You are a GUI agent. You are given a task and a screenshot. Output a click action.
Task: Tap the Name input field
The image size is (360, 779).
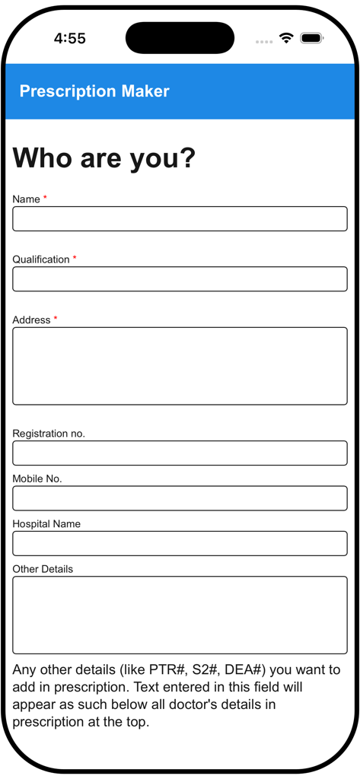[x=180, y=218]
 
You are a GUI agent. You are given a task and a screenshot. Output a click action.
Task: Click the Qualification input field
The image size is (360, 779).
[x=180, y=278]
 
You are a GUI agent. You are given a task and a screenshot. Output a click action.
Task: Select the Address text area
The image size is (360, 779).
[x=180, y=366]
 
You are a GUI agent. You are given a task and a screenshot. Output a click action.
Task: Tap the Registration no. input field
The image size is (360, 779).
[x=180, y=453]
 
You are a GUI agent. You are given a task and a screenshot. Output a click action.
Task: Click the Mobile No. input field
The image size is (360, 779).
[x=180, y=498]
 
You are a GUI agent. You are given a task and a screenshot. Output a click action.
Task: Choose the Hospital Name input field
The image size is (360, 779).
[x=180, y=543]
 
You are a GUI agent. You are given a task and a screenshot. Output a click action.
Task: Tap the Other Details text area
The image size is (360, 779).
[x=180, y=615]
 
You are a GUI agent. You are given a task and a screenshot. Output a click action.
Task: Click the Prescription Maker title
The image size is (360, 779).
[x=94, y=91]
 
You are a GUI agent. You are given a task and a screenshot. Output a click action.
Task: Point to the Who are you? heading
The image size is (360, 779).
[x=104, y=158]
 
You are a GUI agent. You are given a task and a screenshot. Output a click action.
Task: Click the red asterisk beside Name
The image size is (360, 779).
[x=45, y=199]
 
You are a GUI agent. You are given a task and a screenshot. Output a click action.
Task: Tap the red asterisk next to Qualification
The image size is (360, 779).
[x=75, y=259]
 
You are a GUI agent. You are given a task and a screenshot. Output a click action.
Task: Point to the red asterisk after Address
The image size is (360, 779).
[x=56, y=320]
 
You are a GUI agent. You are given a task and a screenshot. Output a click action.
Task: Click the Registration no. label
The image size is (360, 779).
[x=49, y=434]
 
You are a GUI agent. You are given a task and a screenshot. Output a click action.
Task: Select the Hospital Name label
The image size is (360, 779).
[x=46, y=524]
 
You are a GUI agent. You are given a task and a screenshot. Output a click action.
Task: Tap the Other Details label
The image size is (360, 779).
[x=43, y=569]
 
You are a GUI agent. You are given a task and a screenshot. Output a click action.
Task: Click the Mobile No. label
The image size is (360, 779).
[x=37, y=479]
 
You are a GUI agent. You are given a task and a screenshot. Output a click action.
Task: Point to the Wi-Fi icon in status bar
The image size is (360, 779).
[x=286, y=38]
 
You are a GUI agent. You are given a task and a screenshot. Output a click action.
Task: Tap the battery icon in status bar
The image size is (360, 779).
[x=311, y=38]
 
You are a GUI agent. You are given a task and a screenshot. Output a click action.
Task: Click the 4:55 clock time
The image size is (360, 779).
[x=70, y=39]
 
